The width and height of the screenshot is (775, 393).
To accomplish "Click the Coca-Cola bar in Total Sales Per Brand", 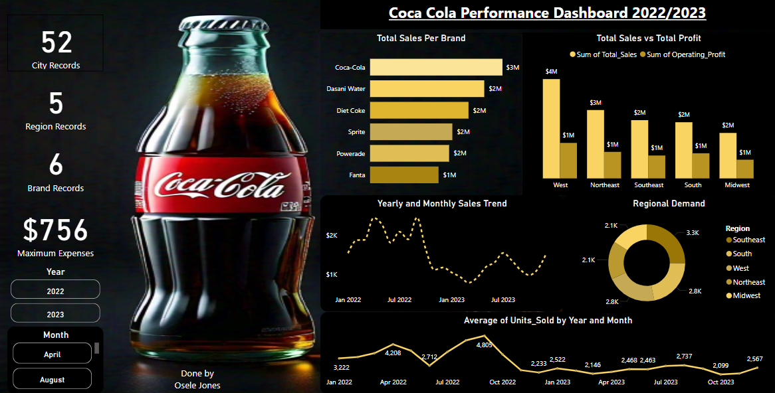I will point(436,67).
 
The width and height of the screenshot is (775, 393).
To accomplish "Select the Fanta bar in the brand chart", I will point(404,175).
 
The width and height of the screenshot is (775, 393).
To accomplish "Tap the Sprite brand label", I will point(356,131).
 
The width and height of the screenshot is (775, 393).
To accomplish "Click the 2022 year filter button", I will point(55,291).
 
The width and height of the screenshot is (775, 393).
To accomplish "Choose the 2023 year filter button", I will point(55,314).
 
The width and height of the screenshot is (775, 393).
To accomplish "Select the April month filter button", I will point(52,354).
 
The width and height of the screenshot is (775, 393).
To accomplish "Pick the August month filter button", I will point(52,380).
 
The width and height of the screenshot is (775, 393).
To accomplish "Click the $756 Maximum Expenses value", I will point(55,231).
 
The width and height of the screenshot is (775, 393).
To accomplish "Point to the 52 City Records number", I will point(56,42).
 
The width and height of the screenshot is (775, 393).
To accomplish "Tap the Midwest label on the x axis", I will point(736,185).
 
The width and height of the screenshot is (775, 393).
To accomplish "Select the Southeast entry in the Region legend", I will point(748,240).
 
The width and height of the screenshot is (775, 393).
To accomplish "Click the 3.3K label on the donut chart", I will point(692,232).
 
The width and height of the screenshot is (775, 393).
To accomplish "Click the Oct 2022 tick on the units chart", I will point(502,382).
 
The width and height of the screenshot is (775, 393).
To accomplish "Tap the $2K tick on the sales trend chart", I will point(331,236).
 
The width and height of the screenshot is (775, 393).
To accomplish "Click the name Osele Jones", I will point(197,385).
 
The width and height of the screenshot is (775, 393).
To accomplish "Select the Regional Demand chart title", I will point(669,203).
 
